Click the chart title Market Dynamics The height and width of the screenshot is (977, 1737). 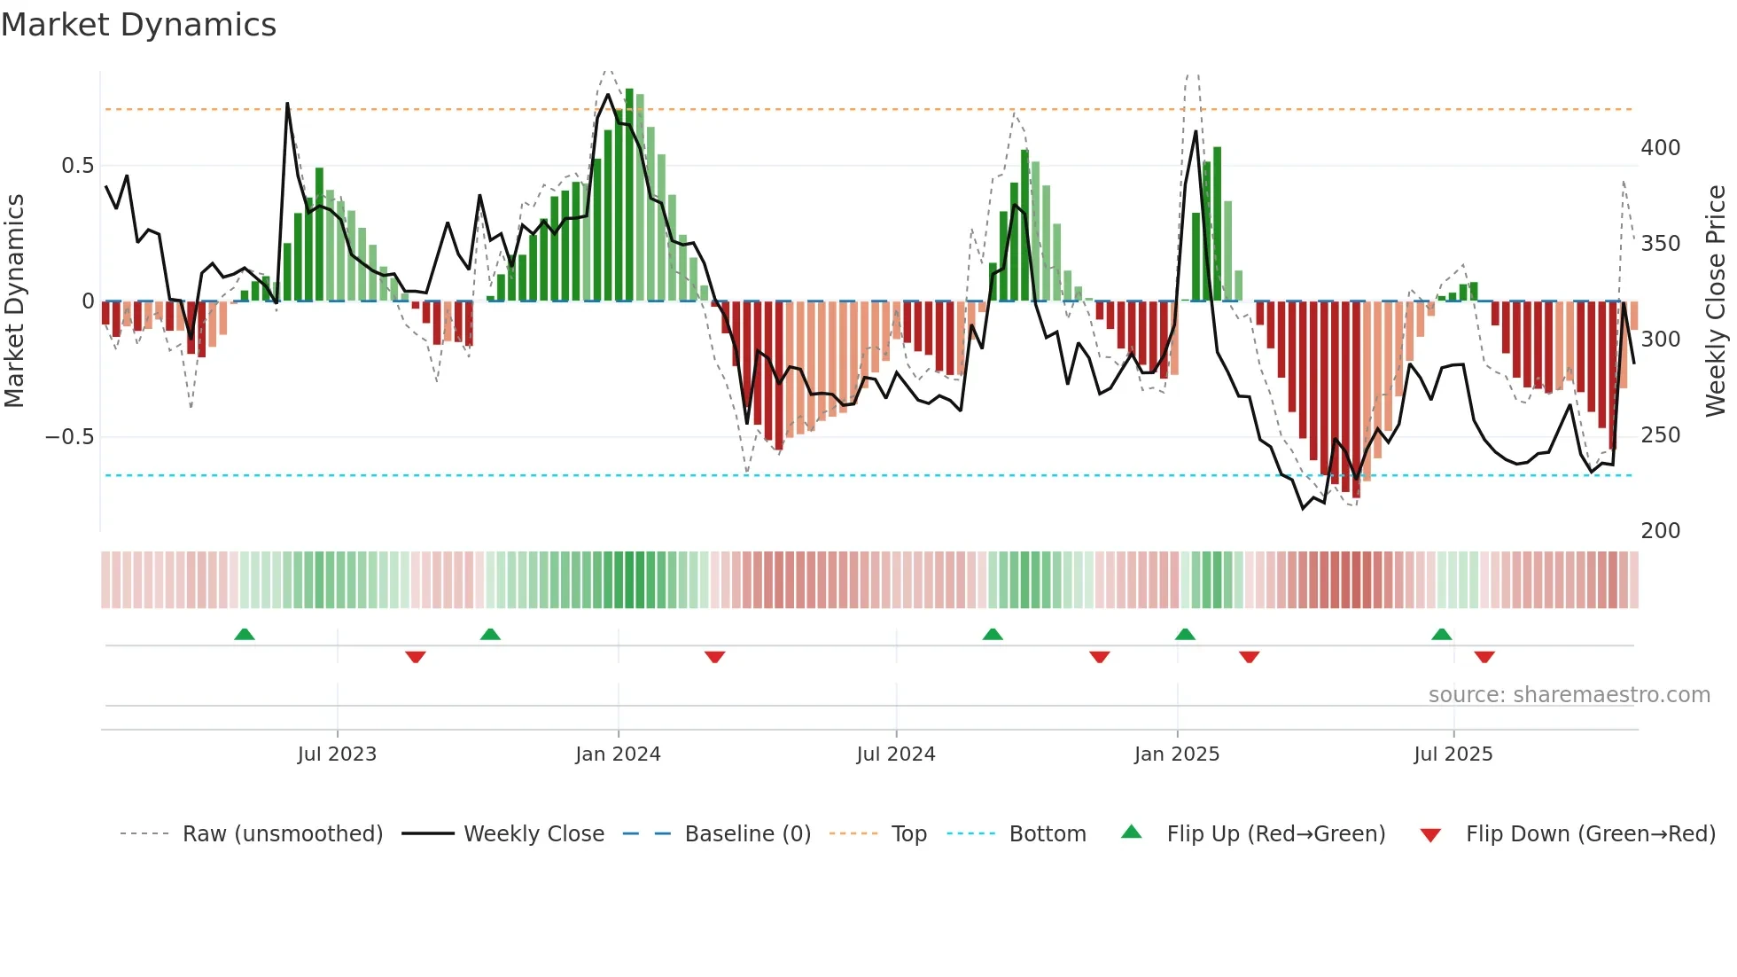[139, 25]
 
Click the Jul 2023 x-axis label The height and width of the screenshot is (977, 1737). [337, 754]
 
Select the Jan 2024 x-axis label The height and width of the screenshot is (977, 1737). [618, 754]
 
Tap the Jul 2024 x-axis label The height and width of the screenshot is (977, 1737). [896, 754]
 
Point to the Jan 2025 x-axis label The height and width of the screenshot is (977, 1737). [1177, 754]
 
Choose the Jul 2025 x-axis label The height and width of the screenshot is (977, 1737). [1453, 754]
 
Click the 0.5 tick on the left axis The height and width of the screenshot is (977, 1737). [78, 166]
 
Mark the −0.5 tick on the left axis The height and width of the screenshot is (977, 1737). [70, 437]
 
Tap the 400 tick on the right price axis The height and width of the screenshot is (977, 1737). [1660, 148]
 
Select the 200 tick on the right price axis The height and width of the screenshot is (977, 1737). [1660, 531]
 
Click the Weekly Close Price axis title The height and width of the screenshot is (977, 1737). [1716, 301]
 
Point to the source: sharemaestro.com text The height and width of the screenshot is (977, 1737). [1569, 695]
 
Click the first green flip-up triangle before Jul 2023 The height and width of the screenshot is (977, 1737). [245, 634]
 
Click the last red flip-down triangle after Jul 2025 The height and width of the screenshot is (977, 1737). [1484, 657]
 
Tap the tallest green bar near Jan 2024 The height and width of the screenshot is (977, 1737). [629, 195]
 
